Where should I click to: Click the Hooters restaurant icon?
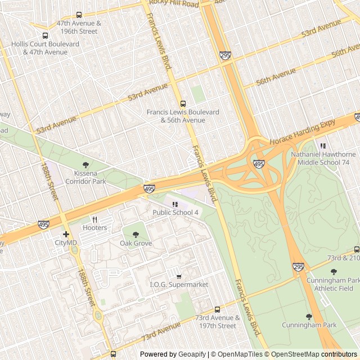[x=94, y=219]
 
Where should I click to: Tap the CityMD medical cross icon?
[x=66, y=234]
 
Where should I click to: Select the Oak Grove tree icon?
[x=136, y=235]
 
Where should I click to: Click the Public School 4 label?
[x=175, y=212]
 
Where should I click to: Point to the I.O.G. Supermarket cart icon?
[x=179, y=276]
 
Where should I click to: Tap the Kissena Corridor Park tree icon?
[x=85, y=165]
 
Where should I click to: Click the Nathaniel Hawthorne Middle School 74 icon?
[x=323, y=146]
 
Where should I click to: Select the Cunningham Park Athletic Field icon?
[x=334, y=272]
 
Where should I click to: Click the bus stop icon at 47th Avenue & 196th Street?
[x=79, y=15]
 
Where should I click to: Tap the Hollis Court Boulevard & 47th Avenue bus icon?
[x=45, y=35]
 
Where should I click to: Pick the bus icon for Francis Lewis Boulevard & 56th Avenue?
[x=183, y=103]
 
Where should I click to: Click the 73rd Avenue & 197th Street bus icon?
[x=217, y=309]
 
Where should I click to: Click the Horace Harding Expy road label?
[x=302, y=131]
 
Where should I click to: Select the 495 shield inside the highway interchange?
[x=259, y=164]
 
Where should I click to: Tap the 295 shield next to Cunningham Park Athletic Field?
[x=298, y=267]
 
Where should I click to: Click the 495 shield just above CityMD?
[x=43, y=224]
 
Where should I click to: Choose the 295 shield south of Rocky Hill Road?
[x=225, y=55]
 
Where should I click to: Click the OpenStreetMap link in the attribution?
[x=292, y=354]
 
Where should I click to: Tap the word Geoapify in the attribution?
[x=192, y=354]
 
